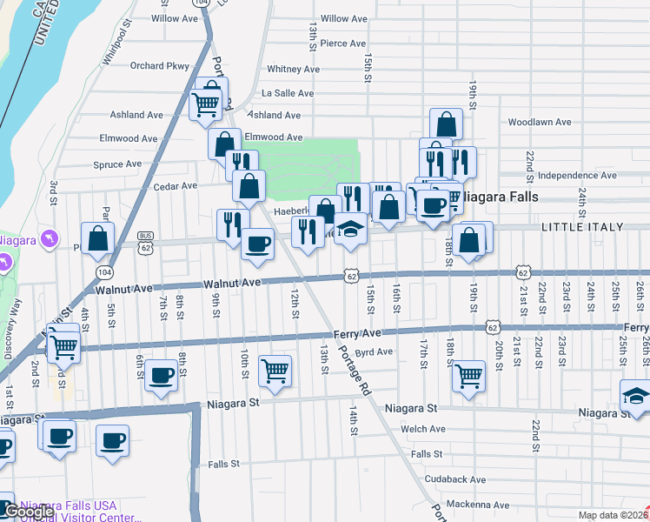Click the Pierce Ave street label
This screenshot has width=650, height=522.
click(342, 43)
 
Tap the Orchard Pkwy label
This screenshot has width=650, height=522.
click(159, 65)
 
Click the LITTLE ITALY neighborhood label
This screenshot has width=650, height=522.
click(582, 227)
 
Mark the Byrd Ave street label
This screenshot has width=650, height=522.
click(375, 352)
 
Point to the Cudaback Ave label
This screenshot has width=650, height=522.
click(455, 479)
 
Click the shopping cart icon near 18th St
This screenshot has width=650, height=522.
click(468, 376)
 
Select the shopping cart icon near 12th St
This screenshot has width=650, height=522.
click(275, 370)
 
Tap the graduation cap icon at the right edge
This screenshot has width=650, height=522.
click(636, 395)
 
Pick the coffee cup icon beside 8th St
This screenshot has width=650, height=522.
click(161, 375)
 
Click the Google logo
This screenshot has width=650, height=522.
click(30, 512)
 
